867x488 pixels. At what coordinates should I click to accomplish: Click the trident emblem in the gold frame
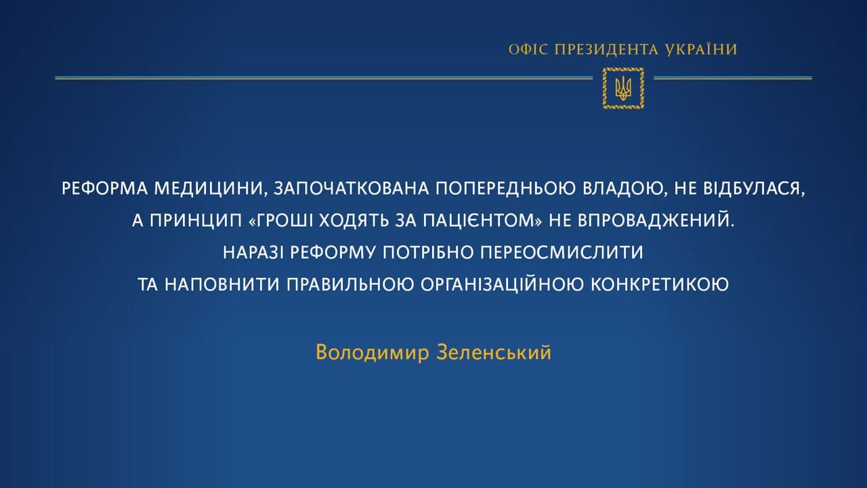point(622,88)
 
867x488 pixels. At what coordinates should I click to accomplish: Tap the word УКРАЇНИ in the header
point(703,49)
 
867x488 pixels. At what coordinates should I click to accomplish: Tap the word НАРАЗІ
point(253,253)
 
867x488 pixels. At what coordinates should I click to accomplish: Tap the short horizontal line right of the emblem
point(732,79)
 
